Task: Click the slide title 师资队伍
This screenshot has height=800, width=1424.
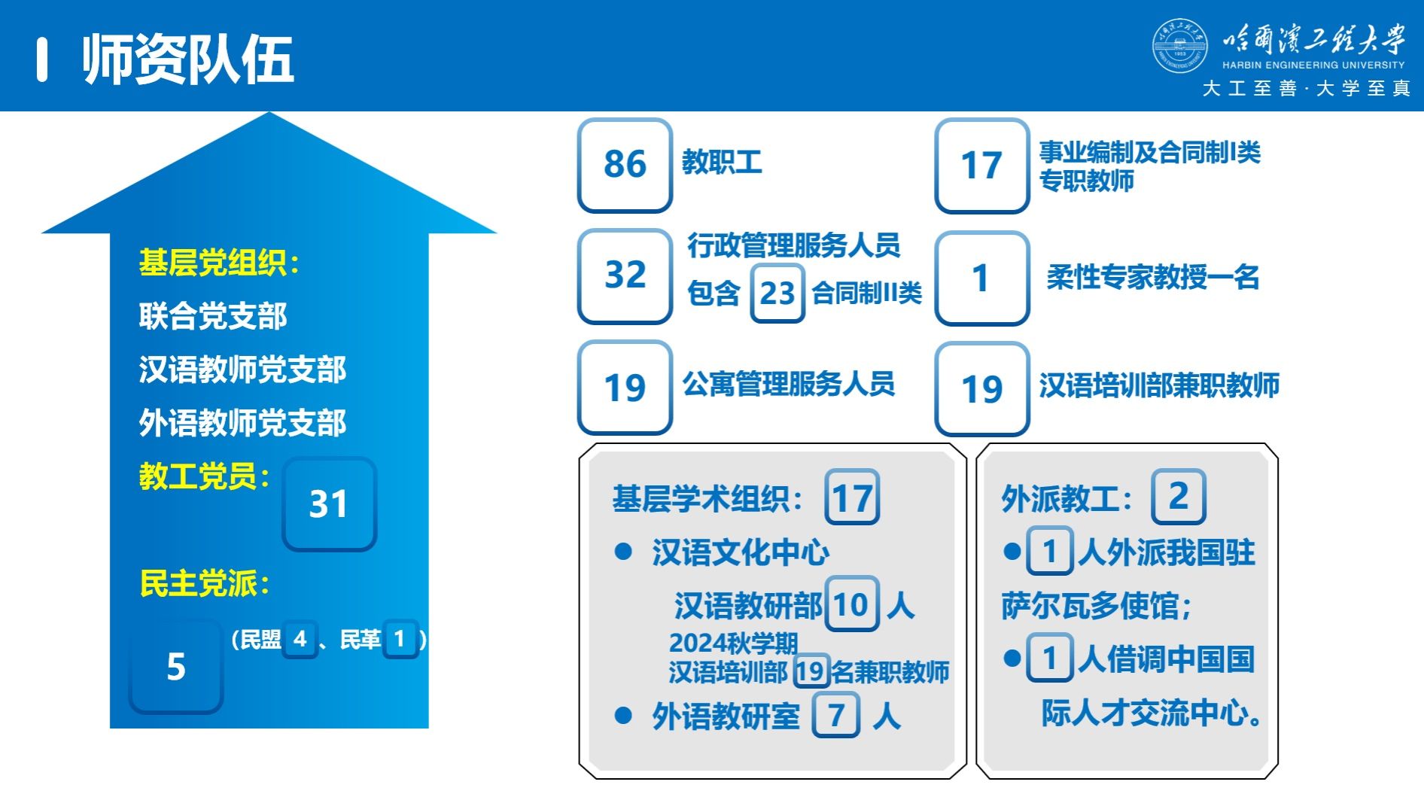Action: click(x=187, y=59)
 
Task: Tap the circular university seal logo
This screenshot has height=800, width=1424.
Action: click(x=1179, y=47)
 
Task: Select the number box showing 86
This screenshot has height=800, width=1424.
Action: click(x=625, y=165)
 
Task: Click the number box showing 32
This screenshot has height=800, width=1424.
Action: click(x=625, y=275)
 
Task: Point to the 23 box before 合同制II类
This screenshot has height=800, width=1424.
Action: click(x=777, y=293)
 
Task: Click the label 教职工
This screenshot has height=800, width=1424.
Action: click(x=722, y=162)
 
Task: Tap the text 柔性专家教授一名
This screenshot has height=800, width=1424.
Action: click(x=1152, y=277)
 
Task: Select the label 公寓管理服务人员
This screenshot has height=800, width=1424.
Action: click(x=788, y=384)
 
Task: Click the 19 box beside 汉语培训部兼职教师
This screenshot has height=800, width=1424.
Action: click(x=982, y=388)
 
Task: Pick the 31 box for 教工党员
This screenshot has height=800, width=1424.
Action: click(x=329, y=503)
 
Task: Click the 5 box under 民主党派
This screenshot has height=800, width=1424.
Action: click(x=176, y=666)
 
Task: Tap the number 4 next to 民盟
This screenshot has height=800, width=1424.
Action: click(x=300, y=639)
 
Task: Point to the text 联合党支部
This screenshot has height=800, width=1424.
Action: click(x=213, y=316)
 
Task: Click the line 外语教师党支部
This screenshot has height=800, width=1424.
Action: click(x=242, y=423)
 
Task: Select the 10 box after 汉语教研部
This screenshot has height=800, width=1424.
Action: click(x=852, y=604)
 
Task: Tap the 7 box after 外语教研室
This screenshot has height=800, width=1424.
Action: click(x=835, y=715)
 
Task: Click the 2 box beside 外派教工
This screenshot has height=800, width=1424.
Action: click(x=1179, y=496)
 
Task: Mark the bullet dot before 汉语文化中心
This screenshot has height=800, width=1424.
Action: click(x=623, y=552)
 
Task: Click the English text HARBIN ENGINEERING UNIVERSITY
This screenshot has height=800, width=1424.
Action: click(x=1313, y=65)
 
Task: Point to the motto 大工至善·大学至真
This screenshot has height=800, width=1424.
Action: click(x=1307, y=89)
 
